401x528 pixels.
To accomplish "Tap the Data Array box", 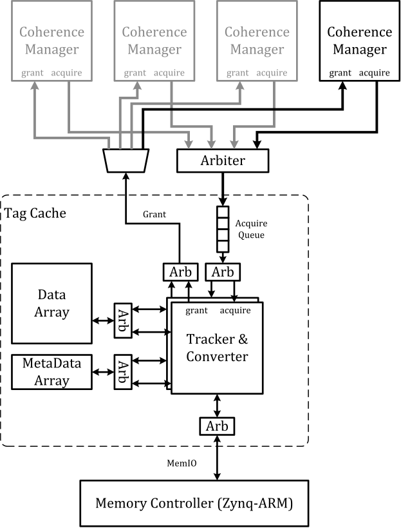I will pyautogui.click(x=52, y=303).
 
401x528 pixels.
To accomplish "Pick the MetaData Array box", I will pyautogui.click(x=52, y=373).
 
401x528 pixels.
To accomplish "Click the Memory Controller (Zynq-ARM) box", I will pyautogui.click(x=194, y=504).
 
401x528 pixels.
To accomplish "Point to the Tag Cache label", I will pyautogui.click(x=35, y=213).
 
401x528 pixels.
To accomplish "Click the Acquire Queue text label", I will pyautogui.click(x=251, y=229).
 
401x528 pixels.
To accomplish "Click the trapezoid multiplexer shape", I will pyautogui.click(x=126, y=160).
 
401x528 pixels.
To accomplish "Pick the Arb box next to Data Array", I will pyautogui.click(x=122, y=319).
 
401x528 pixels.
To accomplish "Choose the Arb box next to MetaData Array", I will pyautogui.click(x=122, y=372).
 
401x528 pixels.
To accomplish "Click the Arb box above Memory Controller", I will pyautogui.click(x=217, y=426).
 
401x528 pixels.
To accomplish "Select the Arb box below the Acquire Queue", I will pyautogui.click(x=223, y=272).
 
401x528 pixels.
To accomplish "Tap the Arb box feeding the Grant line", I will pyautogui.click(x=178, y=272).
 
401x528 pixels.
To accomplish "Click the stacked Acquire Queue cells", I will pyautogui.click(x=222, y=229).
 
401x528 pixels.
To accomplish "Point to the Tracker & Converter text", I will pyautogui.click(x=217, y=347).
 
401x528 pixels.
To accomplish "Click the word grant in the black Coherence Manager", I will pyautogui.click(x=340, y=73).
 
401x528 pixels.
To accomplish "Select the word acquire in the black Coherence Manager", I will pyautogui.click(x=374, y=73).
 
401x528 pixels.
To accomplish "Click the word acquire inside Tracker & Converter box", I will pyautogui.click(x=235, y=311).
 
